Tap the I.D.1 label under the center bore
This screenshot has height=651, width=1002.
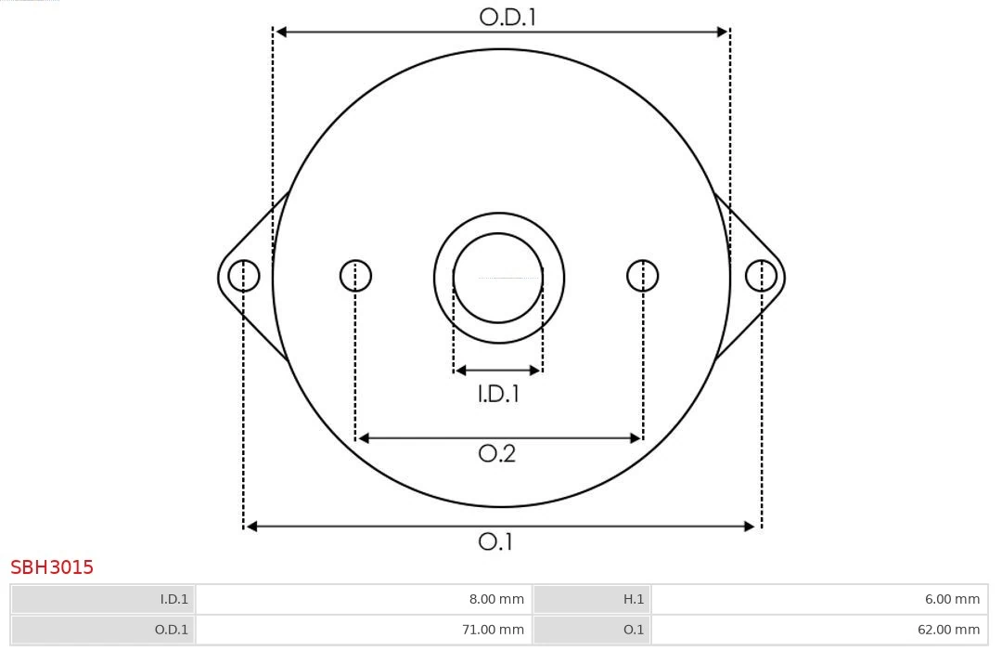498,394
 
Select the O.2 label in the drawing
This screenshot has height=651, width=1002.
496,453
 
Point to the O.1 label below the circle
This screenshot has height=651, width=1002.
495,541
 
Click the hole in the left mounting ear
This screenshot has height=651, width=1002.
244,276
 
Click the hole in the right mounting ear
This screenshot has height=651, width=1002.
761,276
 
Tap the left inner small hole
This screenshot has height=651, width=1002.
355,276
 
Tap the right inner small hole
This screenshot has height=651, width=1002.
643,276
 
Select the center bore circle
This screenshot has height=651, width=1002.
498,278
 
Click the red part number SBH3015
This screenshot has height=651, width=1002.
52,567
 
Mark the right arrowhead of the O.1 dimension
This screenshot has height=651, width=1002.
751,527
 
